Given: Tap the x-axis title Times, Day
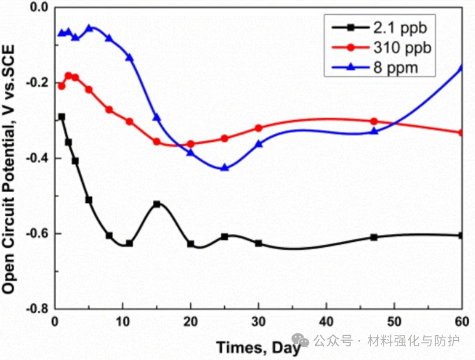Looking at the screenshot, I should (258, 348).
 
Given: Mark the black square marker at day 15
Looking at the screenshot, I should (157, 204).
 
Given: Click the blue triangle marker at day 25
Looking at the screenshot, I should (225, 167).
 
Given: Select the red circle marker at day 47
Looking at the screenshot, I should (374, 121).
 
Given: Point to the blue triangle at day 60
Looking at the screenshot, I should (461, 67).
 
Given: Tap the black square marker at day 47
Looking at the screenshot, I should (374, 237).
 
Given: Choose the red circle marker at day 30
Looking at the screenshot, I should (259, 128).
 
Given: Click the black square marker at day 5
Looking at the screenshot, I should (89, 200).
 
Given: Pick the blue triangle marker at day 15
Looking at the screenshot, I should (157, 117).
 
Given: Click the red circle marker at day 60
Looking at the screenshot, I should (461, 133).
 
